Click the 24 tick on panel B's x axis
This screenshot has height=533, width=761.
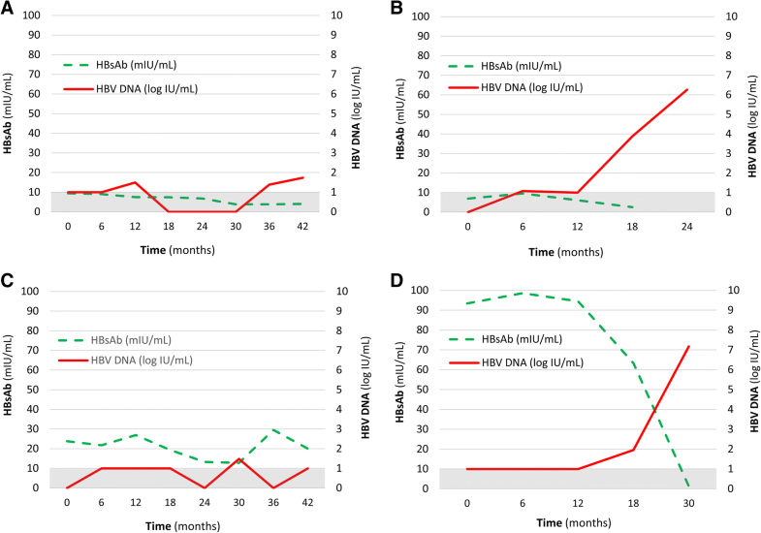click(687, 226)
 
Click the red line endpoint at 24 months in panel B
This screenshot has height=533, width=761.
click(687, 89)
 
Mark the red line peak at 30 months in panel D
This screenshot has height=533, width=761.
click(688, 346)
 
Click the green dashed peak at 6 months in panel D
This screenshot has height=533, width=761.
click(523, 293)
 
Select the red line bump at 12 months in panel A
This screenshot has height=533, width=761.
click(136, 182)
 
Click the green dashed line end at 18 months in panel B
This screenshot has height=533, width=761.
click(632, 207)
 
